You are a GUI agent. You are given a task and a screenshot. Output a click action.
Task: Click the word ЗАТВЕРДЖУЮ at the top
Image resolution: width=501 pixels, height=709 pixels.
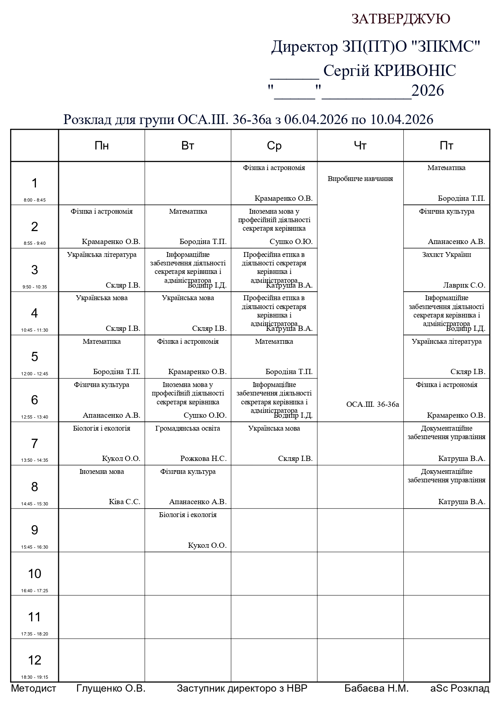click(x=400, y=19)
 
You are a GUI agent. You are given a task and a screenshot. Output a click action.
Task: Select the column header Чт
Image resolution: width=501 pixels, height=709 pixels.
click(x=360, y=145)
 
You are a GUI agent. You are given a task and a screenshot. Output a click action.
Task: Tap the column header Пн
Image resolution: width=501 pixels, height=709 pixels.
click(x=102, y=145)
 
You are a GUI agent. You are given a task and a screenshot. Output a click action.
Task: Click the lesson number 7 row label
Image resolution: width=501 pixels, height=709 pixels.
click(x=34, y=443)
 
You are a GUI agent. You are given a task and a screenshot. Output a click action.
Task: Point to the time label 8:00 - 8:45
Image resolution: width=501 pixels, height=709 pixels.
click(x=34, y=200)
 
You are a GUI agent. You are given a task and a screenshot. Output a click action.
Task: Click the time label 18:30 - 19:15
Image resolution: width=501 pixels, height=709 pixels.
click(x=34, y=677)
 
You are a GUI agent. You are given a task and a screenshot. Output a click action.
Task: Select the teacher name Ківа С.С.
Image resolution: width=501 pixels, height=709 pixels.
click(x=124, y=502)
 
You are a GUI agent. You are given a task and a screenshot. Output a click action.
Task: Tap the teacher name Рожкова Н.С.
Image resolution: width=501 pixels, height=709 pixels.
click(x=203, y=459)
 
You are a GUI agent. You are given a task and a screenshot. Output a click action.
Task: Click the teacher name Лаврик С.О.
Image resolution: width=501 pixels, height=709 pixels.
click(x=464, y=285)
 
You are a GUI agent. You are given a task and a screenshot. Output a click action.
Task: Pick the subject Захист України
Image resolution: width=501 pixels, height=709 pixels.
click(x=446, y=255)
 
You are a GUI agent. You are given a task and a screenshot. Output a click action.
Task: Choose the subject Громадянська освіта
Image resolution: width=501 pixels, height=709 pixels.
click(x=188, y=428)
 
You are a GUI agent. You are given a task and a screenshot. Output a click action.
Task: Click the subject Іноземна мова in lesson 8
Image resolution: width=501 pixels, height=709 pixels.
click(x=102, y=471)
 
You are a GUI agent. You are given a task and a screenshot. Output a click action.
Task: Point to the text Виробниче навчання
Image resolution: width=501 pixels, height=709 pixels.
click(x=360, y=179)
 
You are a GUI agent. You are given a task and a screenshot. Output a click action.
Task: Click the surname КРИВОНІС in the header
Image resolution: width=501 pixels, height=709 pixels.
click(x=415, y=71)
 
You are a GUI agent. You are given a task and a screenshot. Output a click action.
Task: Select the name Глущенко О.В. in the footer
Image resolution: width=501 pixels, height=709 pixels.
click(x=111, y=688)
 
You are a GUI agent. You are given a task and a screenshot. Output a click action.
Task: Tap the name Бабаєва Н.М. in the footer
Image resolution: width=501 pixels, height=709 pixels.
click(x=376, y=688)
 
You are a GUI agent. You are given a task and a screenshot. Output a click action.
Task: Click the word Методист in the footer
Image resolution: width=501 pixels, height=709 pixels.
click(x=34, y=688)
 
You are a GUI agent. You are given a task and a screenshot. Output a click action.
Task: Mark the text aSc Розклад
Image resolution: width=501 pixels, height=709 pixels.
click(x=460, y=688)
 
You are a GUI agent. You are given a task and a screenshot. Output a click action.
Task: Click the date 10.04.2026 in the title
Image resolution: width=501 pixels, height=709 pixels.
click(x=402, y=120)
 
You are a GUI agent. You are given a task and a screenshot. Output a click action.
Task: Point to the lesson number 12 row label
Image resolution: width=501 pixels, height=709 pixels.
click(x=34, y=660)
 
